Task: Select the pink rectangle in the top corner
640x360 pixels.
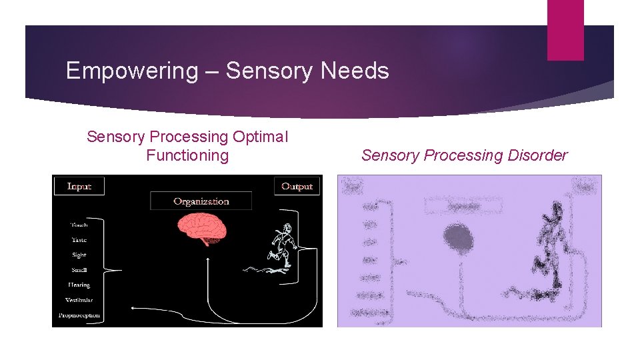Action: [x=565, y=30]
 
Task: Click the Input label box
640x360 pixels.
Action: [x=79, y=186]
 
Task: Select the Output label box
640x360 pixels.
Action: [x=297, y=186]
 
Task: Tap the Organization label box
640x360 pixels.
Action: [x=201, y=201]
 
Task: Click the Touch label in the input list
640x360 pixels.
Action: [x=79, y=225]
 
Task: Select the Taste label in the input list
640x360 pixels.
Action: [x=79, y=239]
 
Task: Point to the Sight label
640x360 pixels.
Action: [x=79, y=255]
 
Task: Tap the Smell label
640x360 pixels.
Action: [x=79, y=270]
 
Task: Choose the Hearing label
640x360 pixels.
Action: [x=79, y=285]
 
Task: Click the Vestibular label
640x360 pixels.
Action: [x=79, y=300]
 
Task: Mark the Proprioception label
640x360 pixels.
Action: [x=79, y=315]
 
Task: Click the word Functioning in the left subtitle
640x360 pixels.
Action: [x=187, y=155]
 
